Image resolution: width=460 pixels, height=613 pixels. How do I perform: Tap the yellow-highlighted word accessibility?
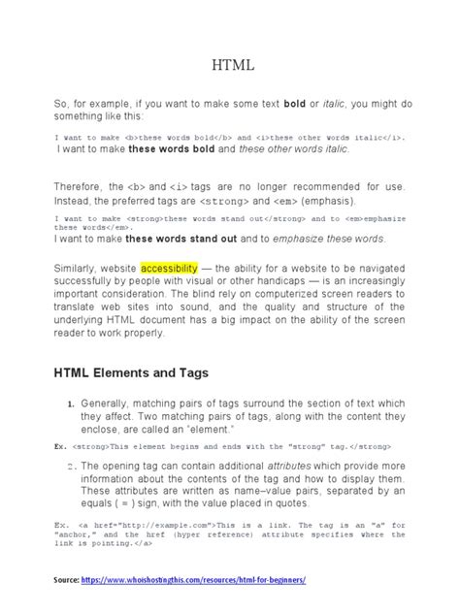click(169, 266)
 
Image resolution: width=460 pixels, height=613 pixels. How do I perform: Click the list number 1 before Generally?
click(71, 404)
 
